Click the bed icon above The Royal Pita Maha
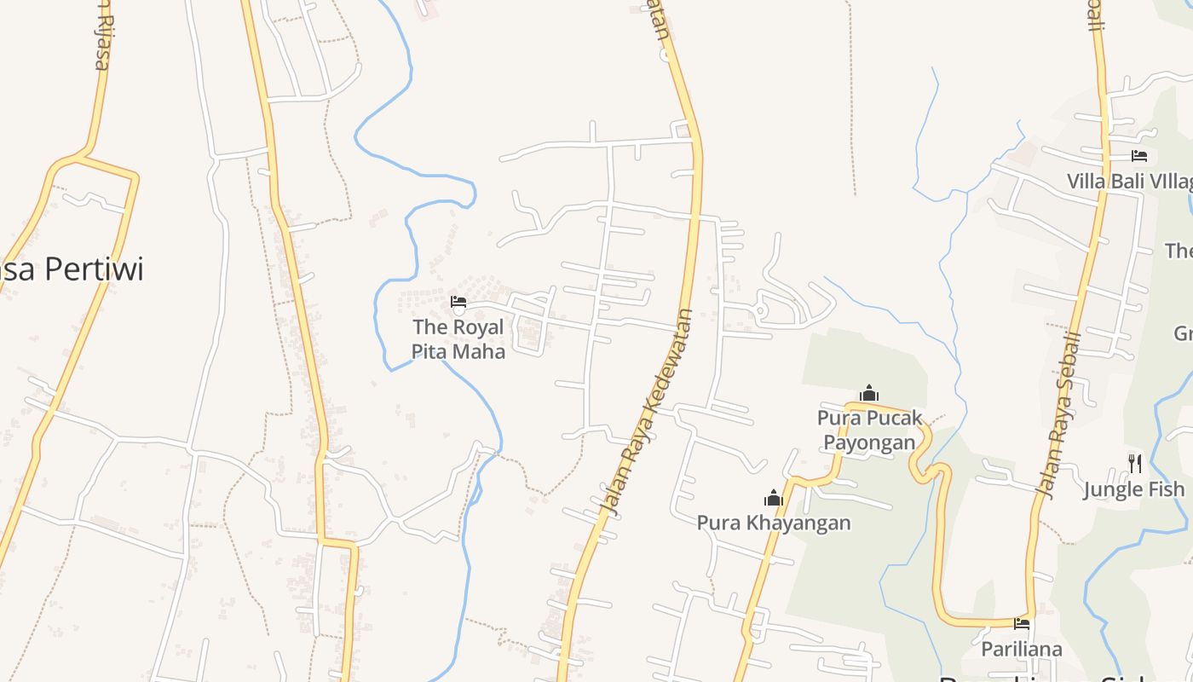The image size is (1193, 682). tap(458, 301)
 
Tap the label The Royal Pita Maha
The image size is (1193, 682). tap(458, 338)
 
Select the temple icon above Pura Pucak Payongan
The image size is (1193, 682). tap(869, 393)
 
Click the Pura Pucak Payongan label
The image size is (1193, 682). tap(869, 430)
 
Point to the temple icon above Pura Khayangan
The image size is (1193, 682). tap(774, 498)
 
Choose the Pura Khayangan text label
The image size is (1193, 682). tap(774, 523)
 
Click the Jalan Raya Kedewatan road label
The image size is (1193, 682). tap(647, 411)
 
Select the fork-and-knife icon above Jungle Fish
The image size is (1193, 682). tap(1134, 463)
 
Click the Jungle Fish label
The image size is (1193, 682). tap(1133, 489)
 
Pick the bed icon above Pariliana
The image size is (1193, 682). tap(1022, 625)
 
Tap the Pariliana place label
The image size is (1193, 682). tap(1022, 650)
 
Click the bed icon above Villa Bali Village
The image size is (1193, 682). tap(1139, 156)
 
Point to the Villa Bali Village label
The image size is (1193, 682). tap(1129, 182)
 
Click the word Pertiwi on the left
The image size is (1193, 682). tap(94, 269)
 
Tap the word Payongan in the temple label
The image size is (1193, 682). tap(869, 442)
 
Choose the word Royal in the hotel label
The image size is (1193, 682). tap(478, 327)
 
